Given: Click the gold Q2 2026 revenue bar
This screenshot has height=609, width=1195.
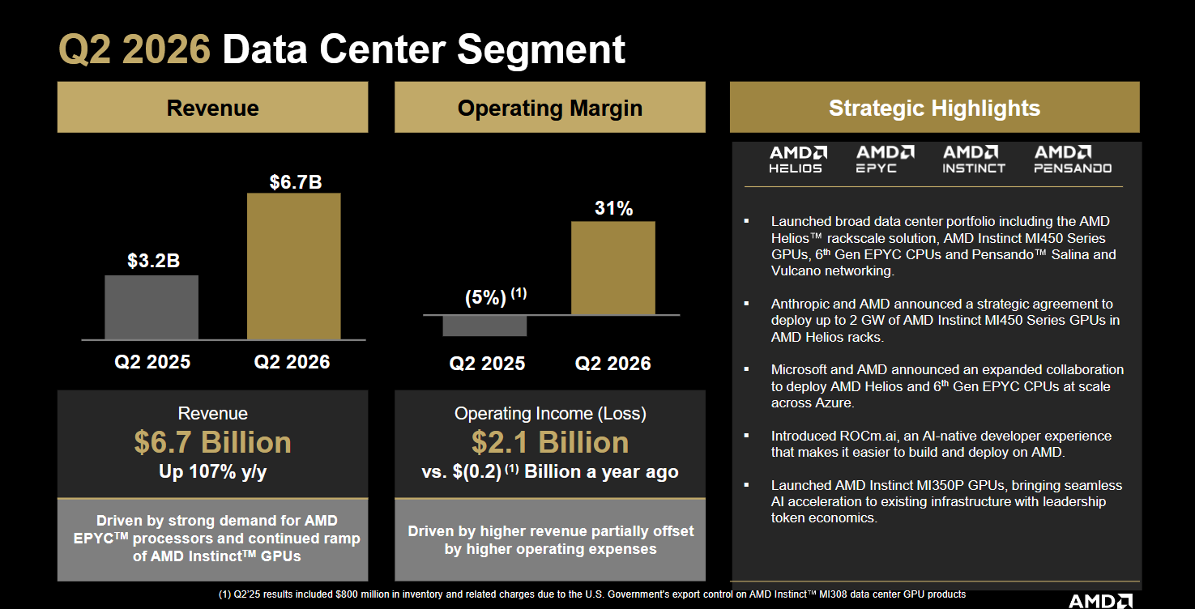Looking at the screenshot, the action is (293, 266).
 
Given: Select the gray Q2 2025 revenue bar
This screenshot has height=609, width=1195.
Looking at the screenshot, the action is (152, 307).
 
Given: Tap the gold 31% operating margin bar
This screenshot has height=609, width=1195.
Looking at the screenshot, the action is (613, 268).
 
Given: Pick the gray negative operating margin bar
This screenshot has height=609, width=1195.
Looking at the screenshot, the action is (484, 326).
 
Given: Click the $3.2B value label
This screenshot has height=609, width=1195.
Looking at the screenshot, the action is (154, 261).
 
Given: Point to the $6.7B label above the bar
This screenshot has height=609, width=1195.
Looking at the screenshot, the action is (296, 182).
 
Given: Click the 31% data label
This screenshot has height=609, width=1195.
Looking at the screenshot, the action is (613, 208).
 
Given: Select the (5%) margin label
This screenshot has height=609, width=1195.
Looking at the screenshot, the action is (485, 297).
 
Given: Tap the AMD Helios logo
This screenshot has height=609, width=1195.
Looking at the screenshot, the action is (797, 160).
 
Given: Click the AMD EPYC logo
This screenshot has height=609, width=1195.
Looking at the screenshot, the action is (885, 160).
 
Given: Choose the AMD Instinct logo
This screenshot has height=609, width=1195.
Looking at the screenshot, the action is (974, 160).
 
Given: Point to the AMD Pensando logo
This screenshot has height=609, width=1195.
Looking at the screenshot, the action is (1073, 160).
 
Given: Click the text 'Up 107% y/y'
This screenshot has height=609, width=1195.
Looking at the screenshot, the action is (213, 472).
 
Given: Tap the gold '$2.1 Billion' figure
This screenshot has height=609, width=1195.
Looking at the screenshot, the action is (550, 442).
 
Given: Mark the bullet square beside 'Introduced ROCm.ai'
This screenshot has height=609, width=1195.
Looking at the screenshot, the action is (746, 436).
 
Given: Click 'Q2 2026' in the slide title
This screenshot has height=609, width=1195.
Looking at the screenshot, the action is (134, 49).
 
